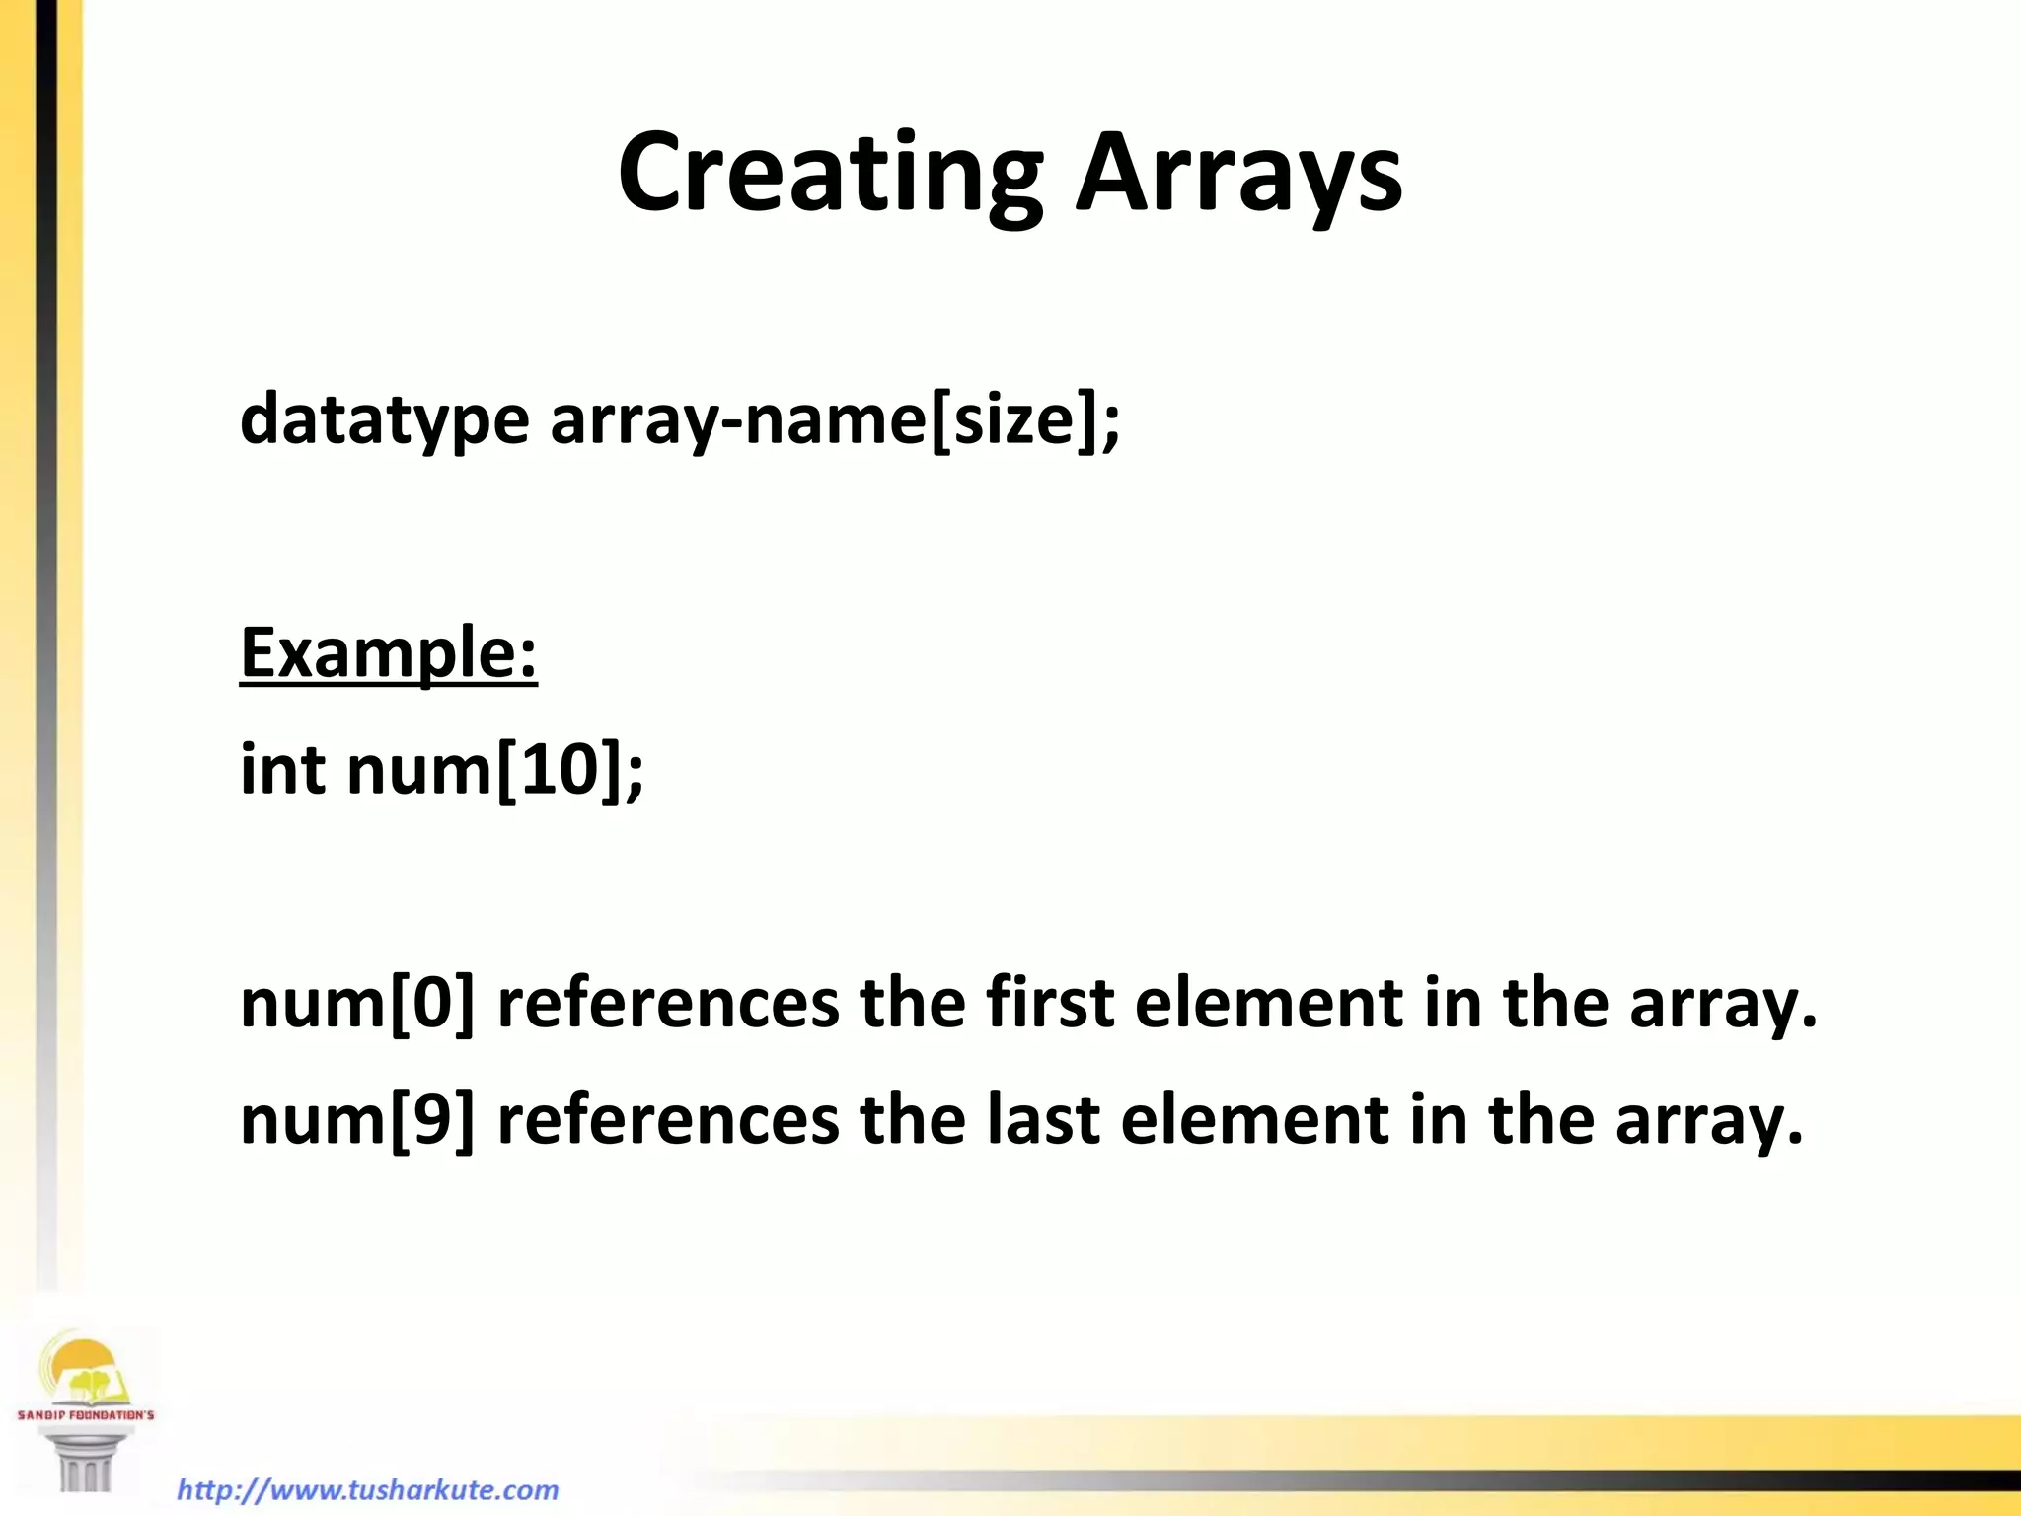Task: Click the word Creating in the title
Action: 829,175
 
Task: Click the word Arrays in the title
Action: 1238,175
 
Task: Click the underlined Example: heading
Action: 389,653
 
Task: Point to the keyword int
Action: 282,769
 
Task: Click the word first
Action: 1049,1004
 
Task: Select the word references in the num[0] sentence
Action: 668,1004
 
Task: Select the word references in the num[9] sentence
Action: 668,1120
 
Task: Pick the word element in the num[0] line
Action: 1268,1004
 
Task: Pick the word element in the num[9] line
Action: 1254,1120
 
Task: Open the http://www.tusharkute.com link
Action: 367,1489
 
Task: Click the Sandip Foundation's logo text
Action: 86,1415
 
